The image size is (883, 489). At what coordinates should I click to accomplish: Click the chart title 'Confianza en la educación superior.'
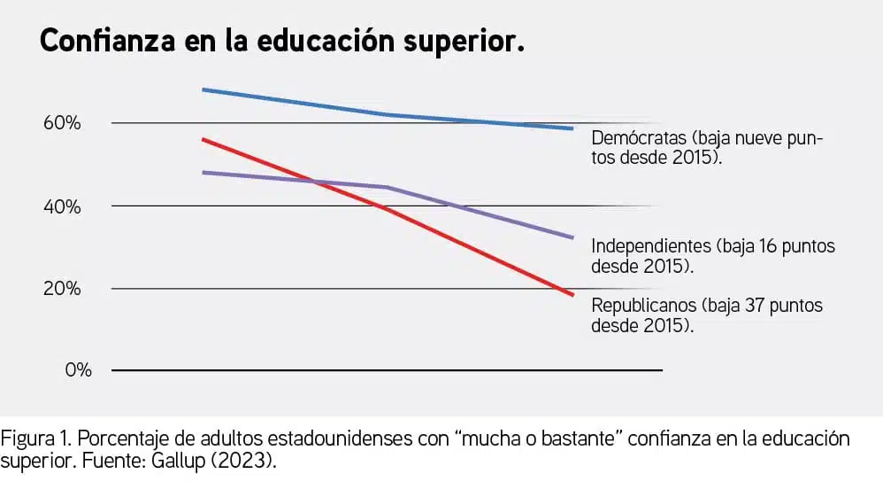coord(282,41)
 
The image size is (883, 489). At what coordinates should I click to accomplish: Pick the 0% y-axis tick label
coord(78,370)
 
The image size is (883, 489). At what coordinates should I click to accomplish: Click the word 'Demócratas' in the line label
coord(637,139)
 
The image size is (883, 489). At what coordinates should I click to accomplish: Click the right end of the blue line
coord(573,128)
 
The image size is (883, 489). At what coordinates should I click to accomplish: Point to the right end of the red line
coord(573,294)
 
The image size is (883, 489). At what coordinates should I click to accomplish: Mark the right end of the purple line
coord(573,237)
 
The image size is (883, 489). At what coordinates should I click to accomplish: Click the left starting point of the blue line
coord(203,89)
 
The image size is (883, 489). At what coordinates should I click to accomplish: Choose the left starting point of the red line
coord(203,139)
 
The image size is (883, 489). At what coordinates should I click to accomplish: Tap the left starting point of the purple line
coord(203,172)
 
